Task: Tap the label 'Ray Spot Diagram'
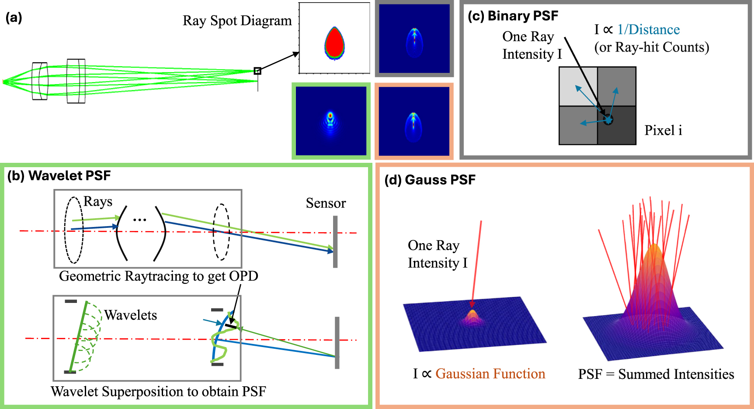pyautogui.click(x=237, y=21)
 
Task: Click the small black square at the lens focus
pyautogui.click(x=257, y=71)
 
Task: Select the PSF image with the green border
pyautogui.click(x=331, y=121)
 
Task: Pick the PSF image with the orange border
pyautogui.click(x=414, y=121)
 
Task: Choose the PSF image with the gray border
pyautogui.click(x=414, y=39)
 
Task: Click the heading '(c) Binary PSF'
pyautogui.click(x=513, y=16)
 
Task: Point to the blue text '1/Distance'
pyautogui.click(x=648, y=30)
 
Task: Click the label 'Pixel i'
pyautogui.click(x=663, y=131)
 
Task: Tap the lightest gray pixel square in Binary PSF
pyautogui.click(x=578, y=86)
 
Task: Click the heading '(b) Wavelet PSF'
pyautogui.click(x=59, y=175)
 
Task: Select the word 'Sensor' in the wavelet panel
pyautogui.click(x=326, y=203)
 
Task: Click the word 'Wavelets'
pyautogui.click(x=130, y=315)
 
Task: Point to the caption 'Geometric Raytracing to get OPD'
pyautogui.click(x=158, y=276)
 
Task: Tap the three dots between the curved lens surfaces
pyautogui.click(x=139, y=220)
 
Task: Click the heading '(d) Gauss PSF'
pyautogui.click(x=430, y=180)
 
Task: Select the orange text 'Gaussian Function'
pyautogui.click(x=490, y=374)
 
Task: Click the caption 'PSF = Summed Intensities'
pyautogui.click(x=656, y=375)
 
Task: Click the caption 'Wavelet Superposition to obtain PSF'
pyautogui.click(x=158, y=392)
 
